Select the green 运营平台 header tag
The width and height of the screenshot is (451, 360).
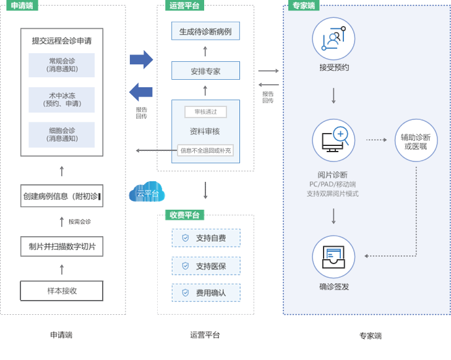pos(184,6)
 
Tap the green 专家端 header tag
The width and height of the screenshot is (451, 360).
pos(303,6)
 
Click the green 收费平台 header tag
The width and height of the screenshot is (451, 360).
pos(184,215)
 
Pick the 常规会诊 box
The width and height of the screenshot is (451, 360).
pos(61,65)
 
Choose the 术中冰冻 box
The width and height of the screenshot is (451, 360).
pos(61,100)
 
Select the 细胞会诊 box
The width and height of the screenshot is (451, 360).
pos(61,134)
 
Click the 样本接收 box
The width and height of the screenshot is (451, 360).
pos(61,290)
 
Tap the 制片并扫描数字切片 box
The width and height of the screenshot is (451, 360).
pos(61,247)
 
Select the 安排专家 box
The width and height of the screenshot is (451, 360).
pos(205,71)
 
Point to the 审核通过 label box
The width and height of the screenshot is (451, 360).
pos(205,112)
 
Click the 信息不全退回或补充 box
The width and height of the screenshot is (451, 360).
pos(205,150)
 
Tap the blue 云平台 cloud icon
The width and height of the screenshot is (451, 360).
pos(147,192)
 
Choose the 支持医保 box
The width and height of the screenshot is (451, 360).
pos(205,266)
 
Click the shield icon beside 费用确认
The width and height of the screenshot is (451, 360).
pos(185,292)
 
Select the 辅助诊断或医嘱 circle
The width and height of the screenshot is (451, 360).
pos(416,141)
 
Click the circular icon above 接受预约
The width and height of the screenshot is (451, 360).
pos(333,38)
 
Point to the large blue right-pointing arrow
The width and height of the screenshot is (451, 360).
pos(141,60)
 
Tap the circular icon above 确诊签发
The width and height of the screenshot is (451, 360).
pos(333,257)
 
